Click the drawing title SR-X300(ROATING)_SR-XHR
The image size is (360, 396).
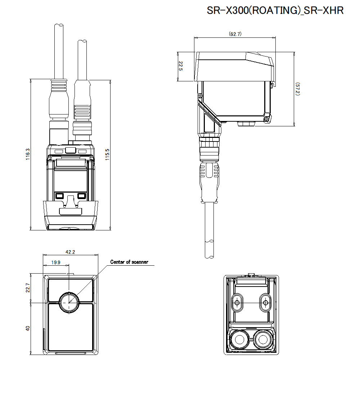[x=275, y=10]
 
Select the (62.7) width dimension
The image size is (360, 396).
[x=235, y=34]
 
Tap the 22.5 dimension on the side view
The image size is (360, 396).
[x=181, y=66]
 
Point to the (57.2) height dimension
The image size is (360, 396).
[x=298, y=89]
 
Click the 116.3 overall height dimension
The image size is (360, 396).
[x=28, y=154]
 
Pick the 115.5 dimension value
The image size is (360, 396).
[x=107, y=154]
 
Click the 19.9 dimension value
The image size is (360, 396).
[x=56, y=262]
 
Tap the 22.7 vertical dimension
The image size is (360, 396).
[x=28, y=288]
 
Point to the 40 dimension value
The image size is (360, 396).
[x=28, y=328]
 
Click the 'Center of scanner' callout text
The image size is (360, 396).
[x=129, y=262]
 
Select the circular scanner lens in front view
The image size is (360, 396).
[x=68, y=302]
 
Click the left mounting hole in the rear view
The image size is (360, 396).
[x=237, y=302]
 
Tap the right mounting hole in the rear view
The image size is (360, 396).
[x=266, y=302]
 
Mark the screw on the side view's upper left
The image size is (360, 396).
[x=200, y=96]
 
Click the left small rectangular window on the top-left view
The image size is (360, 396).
[x=59, y=196]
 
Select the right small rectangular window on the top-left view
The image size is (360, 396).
[x=82, y=196]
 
